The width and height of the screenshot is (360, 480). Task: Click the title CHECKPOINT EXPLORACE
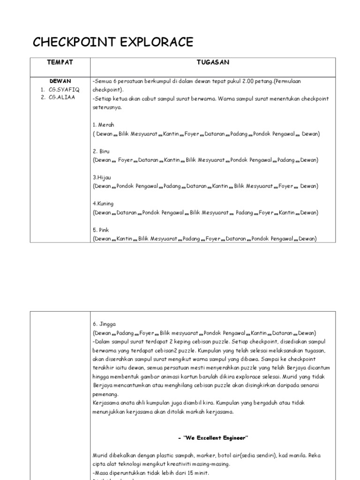click(112, 42)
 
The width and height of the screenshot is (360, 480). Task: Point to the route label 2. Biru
click(101, 151)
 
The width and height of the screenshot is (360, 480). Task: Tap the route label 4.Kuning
click(104, 204)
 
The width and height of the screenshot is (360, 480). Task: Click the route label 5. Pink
click(102, 230)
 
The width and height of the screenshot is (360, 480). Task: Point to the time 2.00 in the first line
click(248, 81)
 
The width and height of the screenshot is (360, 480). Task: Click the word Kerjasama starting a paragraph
click(106, 403)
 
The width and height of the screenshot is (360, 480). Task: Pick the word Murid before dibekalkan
click(100, 455)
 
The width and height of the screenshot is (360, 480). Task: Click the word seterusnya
click(107, 107)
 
